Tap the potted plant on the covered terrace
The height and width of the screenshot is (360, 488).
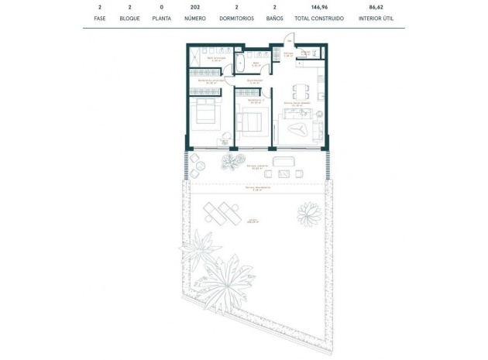click(231, 161)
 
